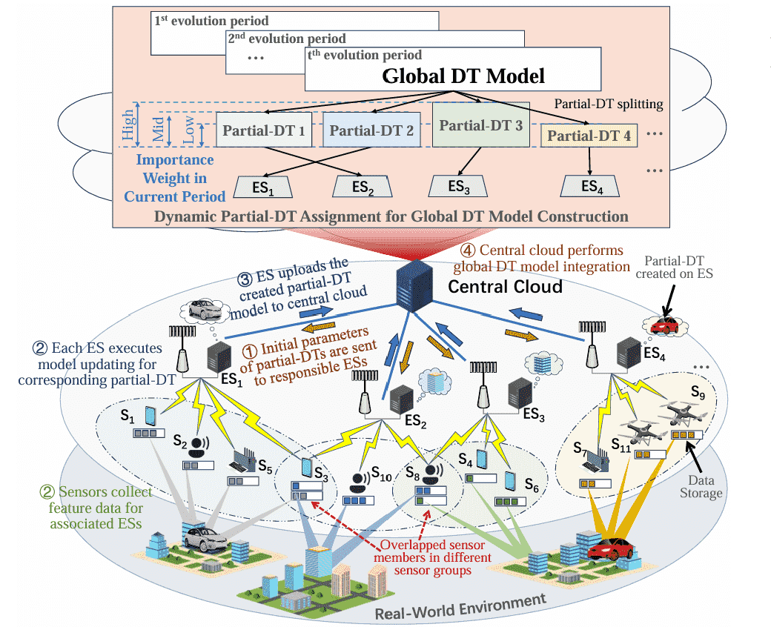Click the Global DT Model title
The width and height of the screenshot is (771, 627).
463,76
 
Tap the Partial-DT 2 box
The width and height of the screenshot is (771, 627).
371,131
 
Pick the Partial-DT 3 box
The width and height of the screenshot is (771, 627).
480,125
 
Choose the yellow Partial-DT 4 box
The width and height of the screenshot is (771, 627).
589,136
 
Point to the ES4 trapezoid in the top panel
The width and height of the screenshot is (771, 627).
589,186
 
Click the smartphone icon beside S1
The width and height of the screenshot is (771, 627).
148,414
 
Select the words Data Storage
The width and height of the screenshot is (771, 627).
701,488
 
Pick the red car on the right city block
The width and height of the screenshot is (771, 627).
609,549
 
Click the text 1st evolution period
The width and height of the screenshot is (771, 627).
211,21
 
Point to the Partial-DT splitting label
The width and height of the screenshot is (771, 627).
611,104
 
